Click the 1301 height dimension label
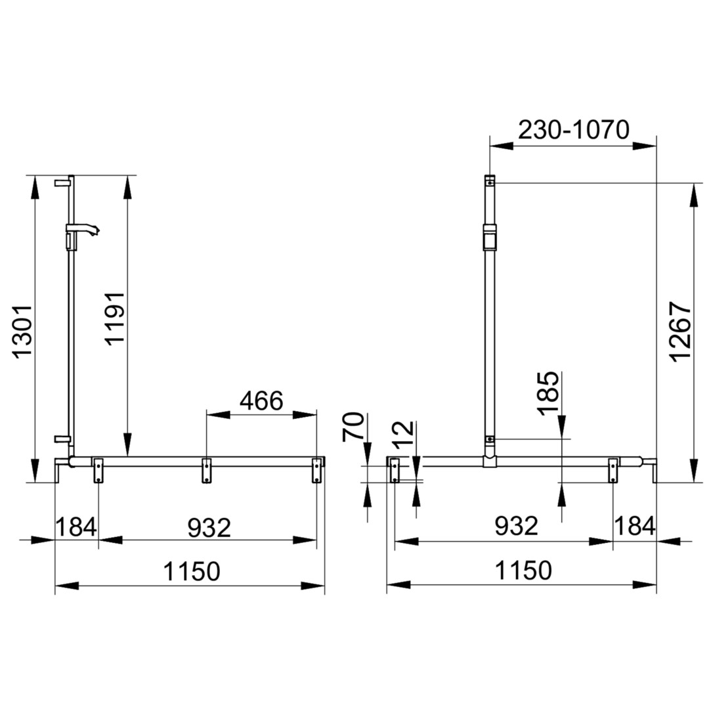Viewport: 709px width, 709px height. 22,332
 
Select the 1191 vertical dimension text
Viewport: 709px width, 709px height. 115,318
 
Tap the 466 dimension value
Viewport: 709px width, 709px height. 261,400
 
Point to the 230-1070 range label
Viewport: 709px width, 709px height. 573,130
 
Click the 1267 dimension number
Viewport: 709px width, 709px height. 681,332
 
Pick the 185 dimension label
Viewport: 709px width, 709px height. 548,393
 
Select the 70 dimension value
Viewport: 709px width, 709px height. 353,427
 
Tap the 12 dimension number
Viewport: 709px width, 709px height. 404,434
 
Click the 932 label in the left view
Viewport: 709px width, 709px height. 209,527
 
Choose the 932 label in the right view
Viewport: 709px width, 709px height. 517,526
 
